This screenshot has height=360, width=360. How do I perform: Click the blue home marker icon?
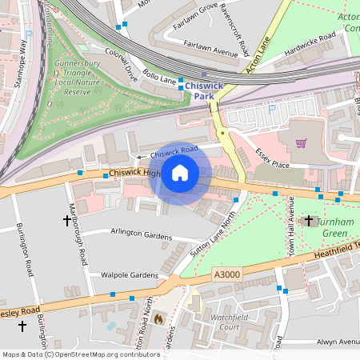[x=180, y=173]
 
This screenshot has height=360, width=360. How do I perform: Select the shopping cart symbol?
[x=301, y=144]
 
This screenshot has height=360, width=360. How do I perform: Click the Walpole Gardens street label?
[x=130, y=274]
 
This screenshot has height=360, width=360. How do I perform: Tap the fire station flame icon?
[x=158, y=318]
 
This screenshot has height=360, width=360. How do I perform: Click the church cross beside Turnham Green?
[x=309, y=219]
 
